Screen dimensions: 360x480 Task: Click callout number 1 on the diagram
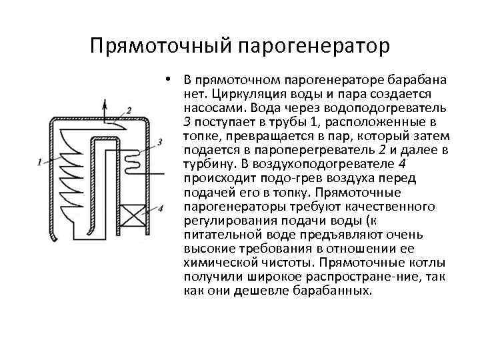(x=41, y=161)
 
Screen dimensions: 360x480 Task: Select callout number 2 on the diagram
(x=129, y=109)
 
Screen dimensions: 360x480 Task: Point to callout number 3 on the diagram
(x=160, y=141)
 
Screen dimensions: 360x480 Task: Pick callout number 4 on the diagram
(x=160, y=209)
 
